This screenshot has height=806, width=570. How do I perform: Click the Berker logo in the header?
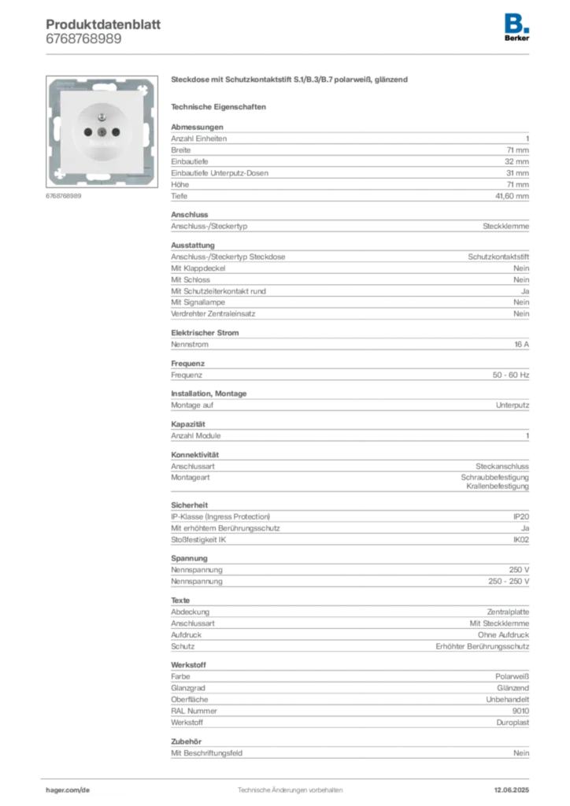tap(516, 28)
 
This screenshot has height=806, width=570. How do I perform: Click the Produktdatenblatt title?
tap(103, 24)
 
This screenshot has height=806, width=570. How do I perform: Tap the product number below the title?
tap(83, 39)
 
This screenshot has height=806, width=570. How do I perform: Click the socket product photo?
tap(102, 131)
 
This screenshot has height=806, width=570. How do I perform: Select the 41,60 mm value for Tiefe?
tap(512, 196)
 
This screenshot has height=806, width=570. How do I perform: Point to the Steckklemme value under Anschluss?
tap(505, 226)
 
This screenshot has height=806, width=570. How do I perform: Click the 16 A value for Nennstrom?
tap(522, 345)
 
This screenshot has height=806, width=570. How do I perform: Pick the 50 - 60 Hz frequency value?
tap(511, 375)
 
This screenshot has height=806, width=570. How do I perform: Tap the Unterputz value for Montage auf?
tap(513, 405)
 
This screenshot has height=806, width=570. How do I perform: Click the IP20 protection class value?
tap(521, 516)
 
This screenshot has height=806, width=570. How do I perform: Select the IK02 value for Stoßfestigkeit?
tap(521, 540)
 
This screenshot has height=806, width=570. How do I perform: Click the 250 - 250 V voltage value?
tap(509, 582)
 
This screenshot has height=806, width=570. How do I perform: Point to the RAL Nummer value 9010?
tap(520, 711)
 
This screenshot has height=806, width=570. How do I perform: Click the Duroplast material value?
tap(513, 723)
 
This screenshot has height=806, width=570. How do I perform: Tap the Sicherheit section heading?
tap(190, 505)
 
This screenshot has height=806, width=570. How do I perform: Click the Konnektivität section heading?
tap(194, 455)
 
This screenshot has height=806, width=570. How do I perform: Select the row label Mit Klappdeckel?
tap(198, 268)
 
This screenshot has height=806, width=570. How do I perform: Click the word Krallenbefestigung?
tap(498, 486)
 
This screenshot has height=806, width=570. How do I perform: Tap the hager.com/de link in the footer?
tap(68, 790)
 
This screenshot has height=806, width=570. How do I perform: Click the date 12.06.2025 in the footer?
tap(512, 790)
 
